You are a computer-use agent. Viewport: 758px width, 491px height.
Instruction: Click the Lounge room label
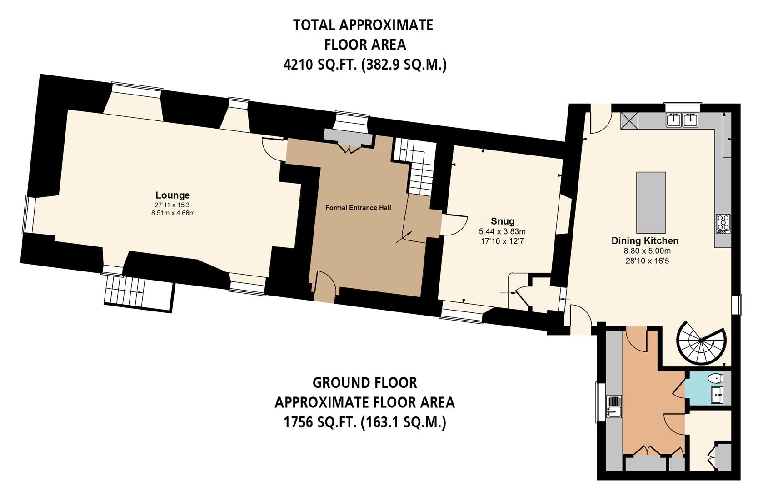click(172, 195)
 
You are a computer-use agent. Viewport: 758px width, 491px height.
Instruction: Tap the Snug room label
click(502, 221)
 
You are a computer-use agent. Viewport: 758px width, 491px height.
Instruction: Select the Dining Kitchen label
click(644, 241)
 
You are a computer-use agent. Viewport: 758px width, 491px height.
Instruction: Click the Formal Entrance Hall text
click(358, 208)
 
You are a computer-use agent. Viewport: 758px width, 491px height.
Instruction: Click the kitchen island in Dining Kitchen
click(651, 202)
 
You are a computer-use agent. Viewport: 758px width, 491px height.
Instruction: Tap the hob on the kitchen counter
click(723, 224)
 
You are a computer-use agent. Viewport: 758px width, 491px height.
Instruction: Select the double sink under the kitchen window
click(683, 120)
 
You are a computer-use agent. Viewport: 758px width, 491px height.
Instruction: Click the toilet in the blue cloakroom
click(715, 378)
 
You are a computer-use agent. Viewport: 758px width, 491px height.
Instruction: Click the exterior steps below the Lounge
click(125, 291)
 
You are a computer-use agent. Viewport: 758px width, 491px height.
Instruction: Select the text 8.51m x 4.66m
click(173, 213)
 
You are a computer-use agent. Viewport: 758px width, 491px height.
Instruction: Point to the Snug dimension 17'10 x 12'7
click(502, 241)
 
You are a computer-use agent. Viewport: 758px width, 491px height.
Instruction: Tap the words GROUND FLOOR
click(364, 383)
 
